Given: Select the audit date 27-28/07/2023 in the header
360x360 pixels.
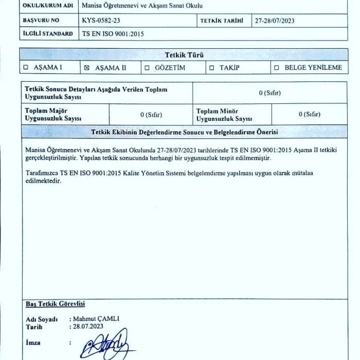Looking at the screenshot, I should [275, 21].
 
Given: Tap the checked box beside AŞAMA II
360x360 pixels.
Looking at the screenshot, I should [86, 68].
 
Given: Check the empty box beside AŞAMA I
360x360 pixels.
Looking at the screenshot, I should [26, 68].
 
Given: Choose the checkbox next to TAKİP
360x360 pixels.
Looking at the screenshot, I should [211, 68].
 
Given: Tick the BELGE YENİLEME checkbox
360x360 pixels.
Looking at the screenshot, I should [277, 68].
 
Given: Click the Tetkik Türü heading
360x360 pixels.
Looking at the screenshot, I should [183, 55].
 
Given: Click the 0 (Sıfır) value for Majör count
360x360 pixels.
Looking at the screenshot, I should [151, 115].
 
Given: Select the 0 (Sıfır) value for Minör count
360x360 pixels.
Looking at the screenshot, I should [309, 114].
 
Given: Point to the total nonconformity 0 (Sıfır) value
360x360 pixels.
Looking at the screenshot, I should [270, 93].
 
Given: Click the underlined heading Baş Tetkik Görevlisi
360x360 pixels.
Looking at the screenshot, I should [55, 304].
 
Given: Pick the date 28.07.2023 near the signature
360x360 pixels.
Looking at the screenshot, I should [88, 326].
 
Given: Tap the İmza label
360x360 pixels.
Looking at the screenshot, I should [33, 343].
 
